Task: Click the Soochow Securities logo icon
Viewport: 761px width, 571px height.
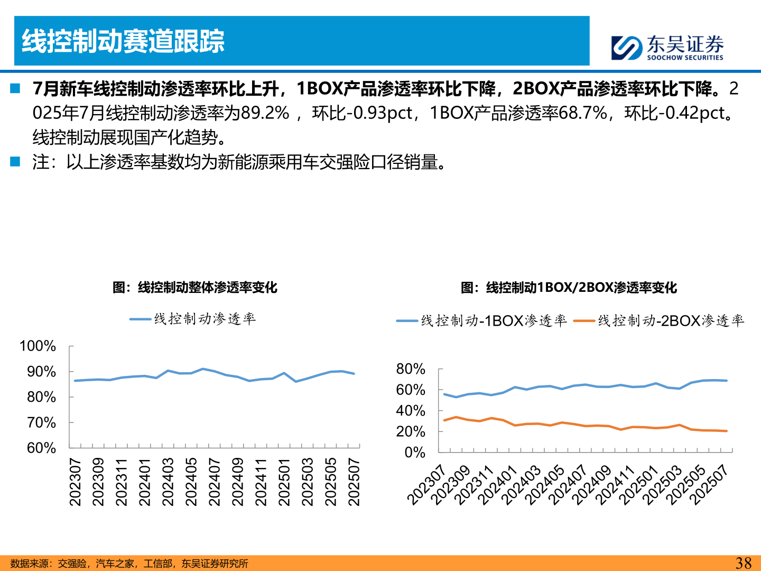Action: coord(627,48)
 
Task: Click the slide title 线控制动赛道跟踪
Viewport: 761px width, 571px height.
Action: coord(123,41)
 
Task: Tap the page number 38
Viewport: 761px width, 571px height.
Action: coord(743,563)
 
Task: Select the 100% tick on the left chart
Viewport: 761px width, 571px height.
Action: coord(38,346)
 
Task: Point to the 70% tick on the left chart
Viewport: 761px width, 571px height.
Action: coord(41,422)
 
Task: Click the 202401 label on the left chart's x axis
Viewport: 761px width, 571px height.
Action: coord(145,482)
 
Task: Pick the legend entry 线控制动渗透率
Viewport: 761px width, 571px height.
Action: coord(193,319)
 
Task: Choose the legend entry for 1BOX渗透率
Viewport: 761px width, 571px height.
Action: coord(481,321)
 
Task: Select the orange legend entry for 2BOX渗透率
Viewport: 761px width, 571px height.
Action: coord(659,321)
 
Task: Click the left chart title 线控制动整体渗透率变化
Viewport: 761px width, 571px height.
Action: coord(194,288)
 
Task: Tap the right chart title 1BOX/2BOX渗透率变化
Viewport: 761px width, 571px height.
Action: coord(569,288)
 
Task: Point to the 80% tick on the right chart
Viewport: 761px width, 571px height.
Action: coord(411,369)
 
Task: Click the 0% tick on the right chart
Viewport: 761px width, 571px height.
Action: coord(415,453)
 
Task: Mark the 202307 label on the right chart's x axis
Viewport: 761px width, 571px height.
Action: coord(427,485)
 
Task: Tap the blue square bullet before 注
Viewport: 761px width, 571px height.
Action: coord(15,161)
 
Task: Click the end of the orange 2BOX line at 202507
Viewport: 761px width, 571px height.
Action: coord(727,431)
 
